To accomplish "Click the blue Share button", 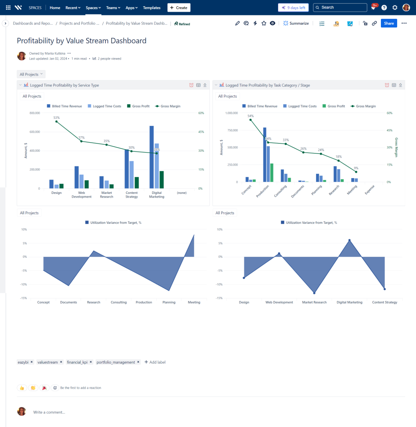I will (388, 23).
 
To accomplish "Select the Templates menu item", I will (152, 8).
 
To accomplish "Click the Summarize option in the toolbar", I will (296, 23).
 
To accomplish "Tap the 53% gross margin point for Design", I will (56, 121).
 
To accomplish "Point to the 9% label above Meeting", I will (356, 168).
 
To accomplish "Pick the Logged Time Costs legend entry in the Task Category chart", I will (300, 106).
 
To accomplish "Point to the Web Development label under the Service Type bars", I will (81, 195).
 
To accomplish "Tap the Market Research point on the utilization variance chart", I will (314, 293).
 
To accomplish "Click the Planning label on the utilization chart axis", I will (169, 302).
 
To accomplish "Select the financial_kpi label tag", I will (77, 362).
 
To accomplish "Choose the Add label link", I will (155, 362).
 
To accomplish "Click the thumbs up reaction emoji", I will (22, 388).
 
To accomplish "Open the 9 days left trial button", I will (294, 8).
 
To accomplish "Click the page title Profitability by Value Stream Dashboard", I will (81, 41).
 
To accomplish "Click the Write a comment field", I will (49, 412).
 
